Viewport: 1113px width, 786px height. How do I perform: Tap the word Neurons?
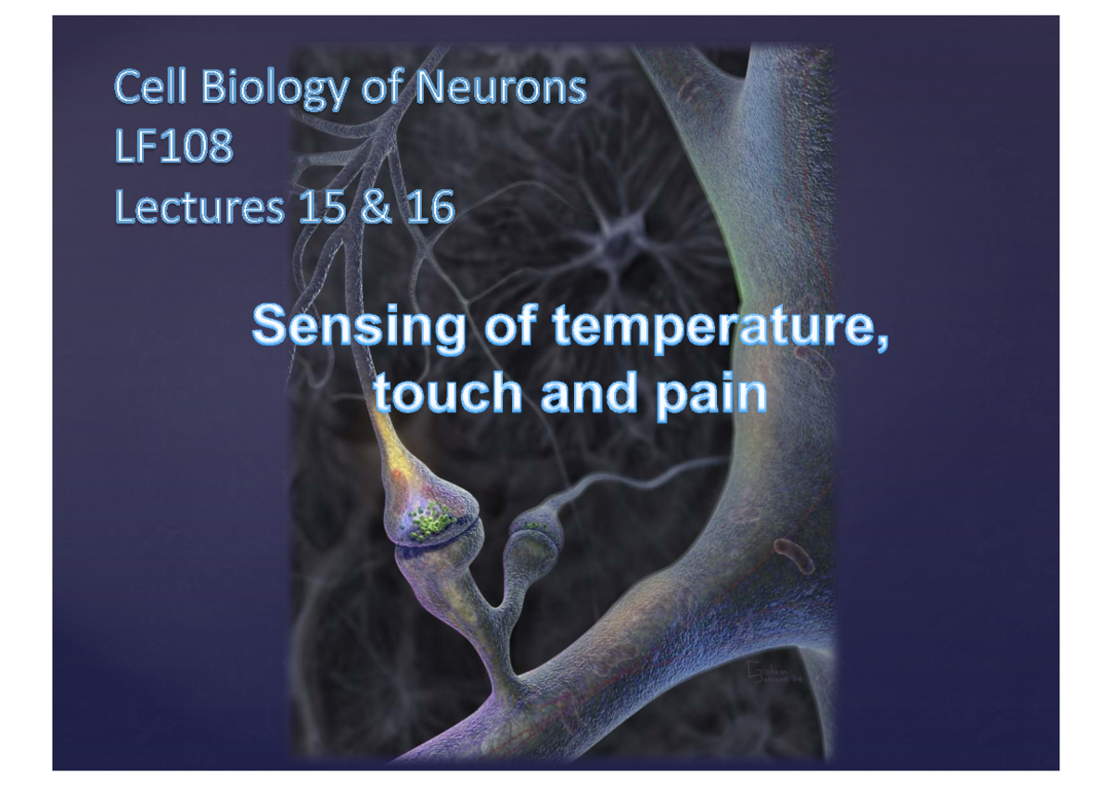click(x=501, y=88)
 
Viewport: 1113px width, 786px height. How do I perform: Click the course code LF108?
click(x=173, y=147)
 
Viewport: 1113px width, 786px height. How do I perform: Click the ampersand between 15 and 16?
click(x=376, y=208)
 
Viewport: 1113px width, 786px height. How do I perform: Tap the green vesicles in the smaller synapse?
click(x=535, y=526)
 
